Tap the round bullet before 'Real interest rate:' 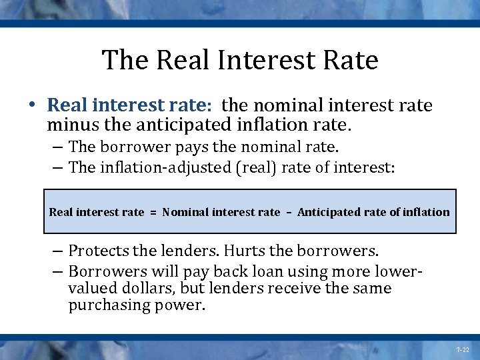tap(33, 105)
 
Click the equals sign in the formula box tap(153, 213)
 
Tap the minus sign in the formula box tap(289, 213)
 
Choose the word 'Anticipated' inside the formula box tap(327, 212)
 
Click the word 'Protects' tap(97, 251)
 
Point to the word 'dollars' tap(142, 289)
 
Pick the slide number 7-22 tap(462, 350)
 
